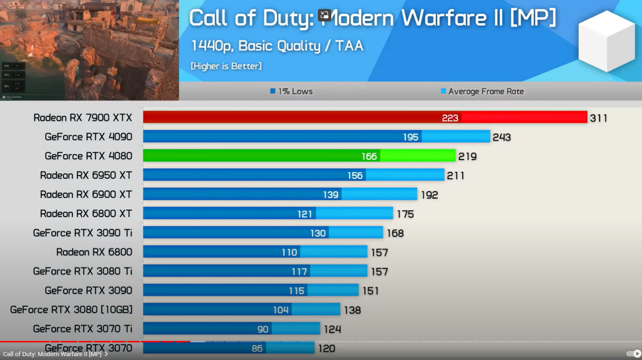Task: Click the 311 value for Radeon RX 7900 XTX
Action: click(x=599, y=118)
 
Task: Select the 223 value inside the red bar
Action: click(x=450, y=118)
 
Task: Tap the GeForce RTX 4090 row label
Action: click(x=89, y=137)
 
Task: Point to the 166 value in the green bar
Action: click(x=369, y=156)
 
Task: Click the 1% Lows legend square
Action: click(x=273, y=91)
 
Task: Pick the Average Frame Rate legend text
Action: click(x=486, y=91)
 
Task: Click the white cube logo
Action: click(x=606, y=41)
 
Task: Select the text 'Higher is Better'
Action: click(x=226, y=66)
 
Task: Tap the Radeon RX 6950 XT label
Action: click(x=86, y=175)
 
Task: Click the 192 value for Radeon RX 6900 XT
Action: click(x=429, y=195)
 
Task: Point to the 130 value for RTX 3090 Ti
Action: click(x=318, y=233)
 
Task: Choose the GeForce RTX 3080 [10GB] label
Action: click(x=71, y=310)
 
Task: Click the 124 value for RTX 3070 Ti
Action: click(x=332, y=329)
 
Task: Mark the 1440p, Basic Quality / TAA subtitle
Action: click(x=277, y=46)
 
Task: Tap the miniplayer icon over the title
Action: click(x=325, y=15)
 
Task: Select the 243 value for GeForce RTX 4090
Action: click(x=502, y=138)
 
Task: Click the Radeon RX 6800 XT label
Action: click(x=86, y=214)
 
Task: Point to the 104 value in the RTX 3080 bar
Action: click(x=281, y=310)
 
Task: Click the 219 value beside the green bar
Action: click(x=467, y=157)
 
